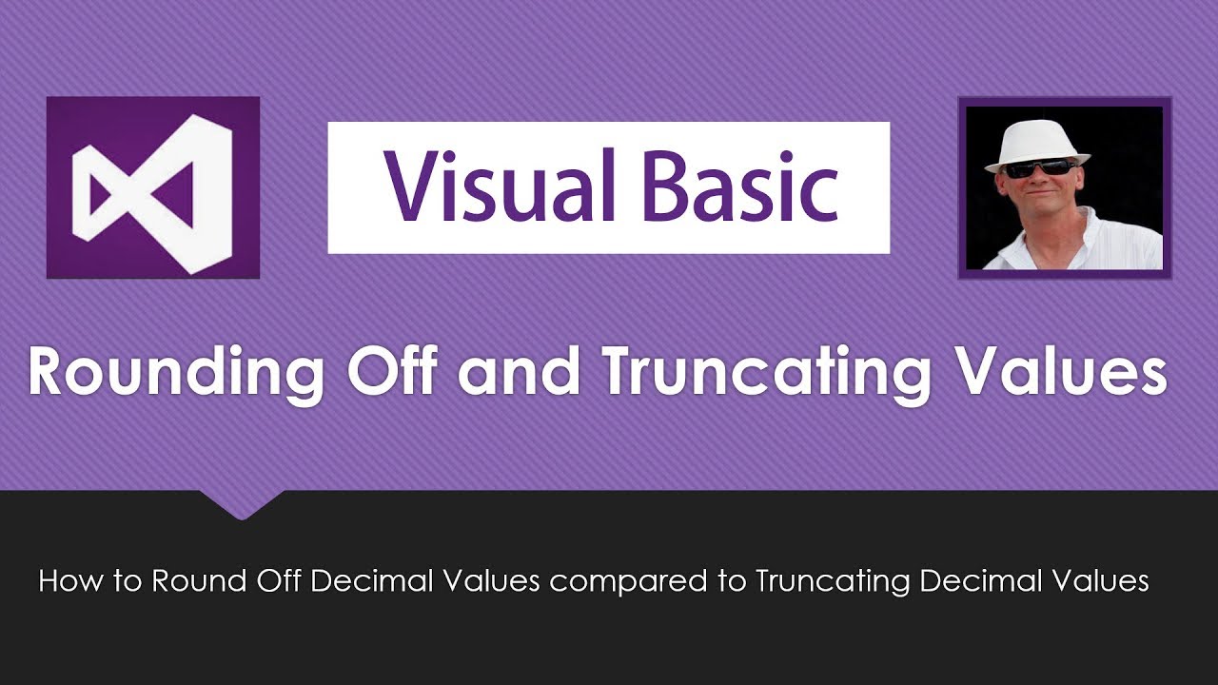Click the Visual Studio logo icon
[x=153, y=187]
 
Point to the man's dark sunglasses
[x=1038, y=168]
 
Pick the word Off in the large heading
[x=393, y=370]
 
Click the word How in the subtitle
[x=70, y=580]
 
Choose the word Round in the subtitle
[x=199, y=580]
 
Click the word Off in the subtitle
[x=279, y=580]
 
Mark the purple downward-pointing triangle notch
[x=242, y=504]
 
